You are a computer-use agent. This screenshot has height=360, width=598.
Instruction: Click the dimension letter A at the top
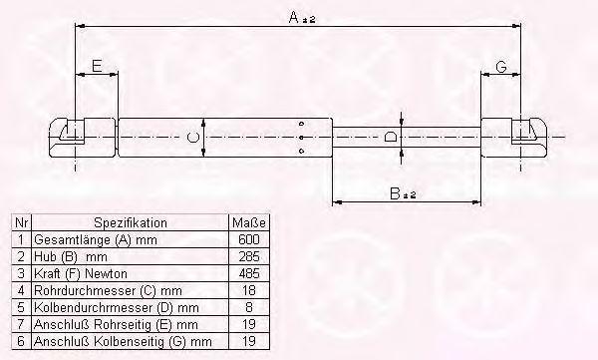[294, 17]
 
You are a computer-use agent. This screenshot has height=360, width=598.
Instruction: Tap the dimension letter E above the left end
[98, 66]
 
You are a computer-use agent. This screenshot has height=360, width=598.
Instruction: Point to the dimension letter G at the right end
[501, 67]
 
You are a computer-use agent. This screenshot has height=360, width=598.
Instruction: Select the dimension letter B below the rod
[395, 193]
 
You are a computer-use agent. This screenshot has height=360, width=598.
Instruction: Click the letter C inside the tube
[193, 137]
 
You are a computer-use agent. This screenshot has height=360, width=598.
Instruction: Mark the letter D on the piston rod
[390, 137]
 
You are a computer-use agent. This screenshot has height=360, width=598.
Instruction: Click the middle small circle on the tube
[301, 138]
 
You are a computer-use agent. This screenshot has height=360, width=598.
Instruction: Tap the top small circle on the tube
[301, 124]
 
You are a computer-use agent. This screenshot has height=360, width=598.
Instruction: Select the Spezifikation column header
[131, 223]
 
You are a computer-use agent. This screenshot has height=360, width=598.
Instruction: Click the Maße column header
[249, 222]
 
